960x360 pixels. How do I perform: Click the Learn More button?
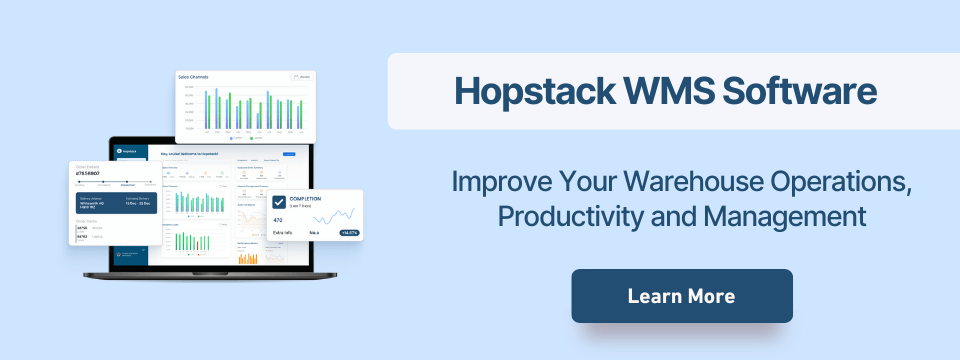tap(681, 296)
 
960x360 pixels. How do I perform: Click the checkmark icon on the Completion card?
tap(279, 201)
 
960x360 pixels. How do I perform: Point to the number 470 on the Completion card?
tap(278, 219)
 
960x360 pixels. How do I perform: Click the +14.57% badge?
tap(349, 232)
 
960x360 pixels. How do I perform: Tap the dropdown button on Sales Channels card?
tap(301, 77)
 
